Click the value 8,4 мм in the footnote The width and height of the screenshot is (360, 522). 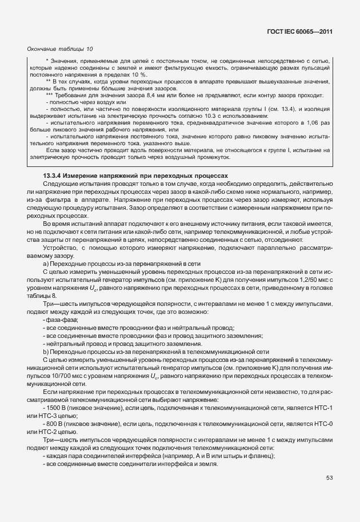pyautogui.click(x=146, y=95)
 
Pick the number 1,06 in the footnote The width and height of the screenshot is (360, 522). pyautogui.click(x=312, y=123)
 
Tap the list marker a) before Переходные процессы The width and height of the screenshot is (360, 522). pyautogui.click(x=45, y=264)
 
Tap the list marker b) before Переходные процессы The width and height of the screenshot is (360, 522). pyautogui.click(x=45, y=354)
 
